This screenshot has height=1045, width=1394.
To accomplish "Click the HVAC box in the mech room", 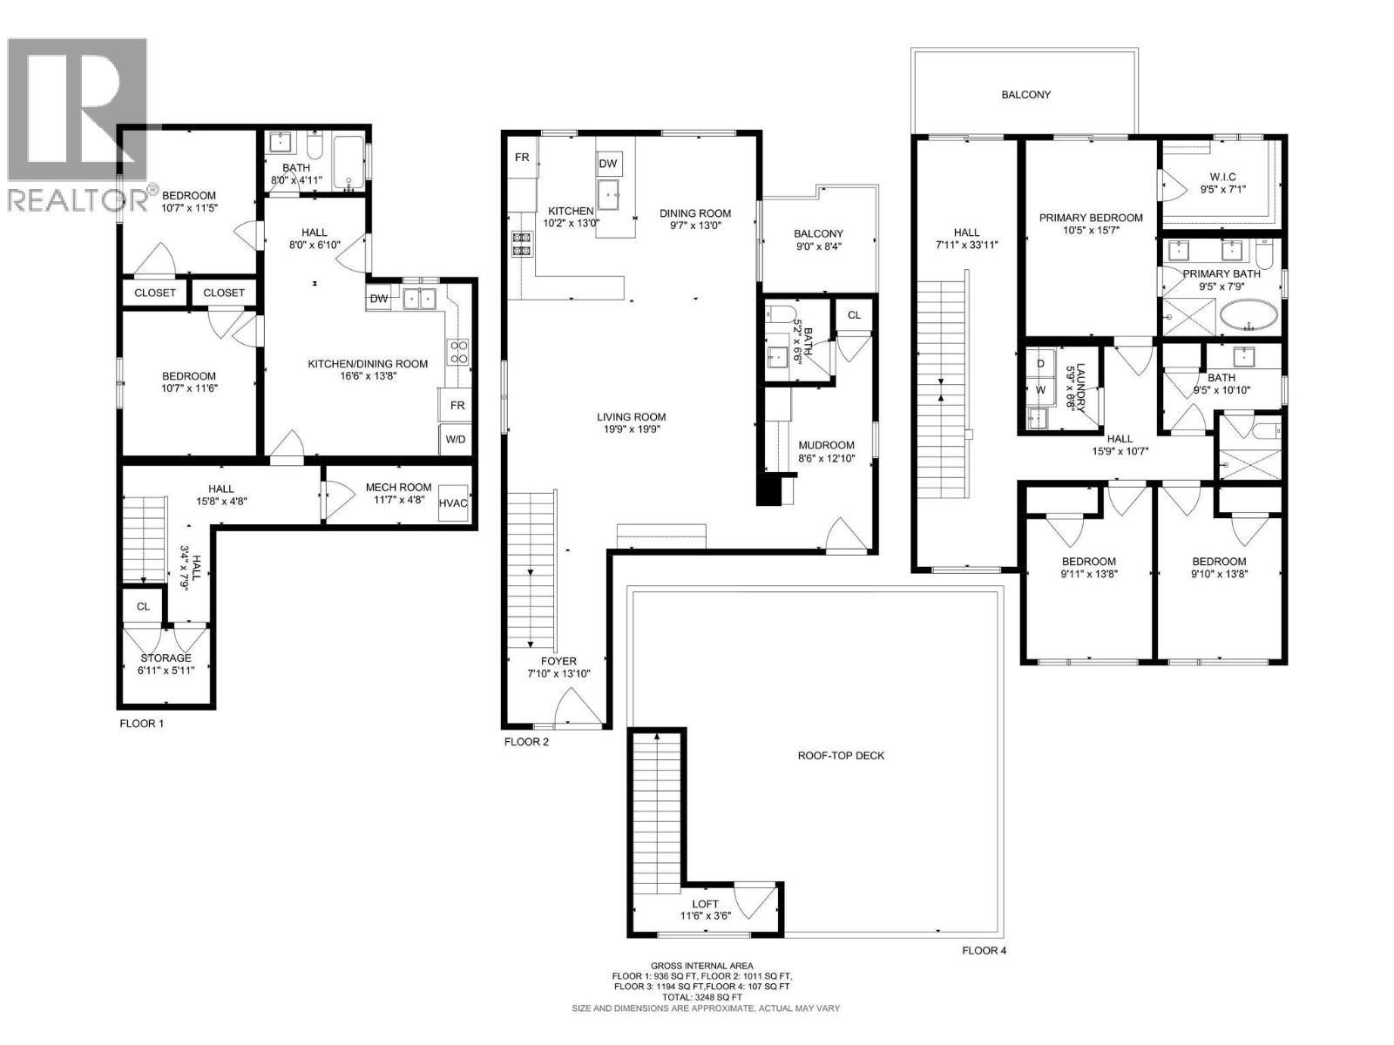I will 453,502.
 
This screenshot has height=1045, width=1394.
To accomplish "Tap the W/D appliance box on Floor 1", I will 455,439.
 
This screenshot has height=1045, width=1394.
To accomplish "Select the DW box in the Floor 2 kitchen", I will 608,164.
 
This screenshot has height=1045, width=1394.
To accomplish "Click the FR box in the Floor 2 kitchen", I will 523,158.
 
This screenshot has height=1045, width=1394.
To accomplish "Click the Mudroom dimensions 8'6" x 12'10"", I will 826,458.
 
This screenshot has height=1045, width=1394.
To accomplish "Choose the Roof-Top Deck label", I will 841,755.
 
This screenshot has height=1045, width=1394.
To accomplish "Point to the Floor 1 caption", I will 141,724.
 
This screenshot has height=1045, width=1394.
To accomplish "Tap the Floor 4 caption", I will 984,951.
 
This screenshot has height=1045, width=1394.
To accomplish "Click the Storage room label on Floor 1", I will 166,657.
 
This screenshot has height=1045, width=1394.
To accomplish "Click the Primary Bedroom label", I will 1090,218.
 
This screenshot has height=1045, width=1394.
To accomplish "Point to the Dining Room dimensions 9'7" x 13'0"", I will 694,225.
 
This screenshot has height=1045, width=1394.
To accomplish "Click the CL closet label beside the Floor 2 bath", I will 854,315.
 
